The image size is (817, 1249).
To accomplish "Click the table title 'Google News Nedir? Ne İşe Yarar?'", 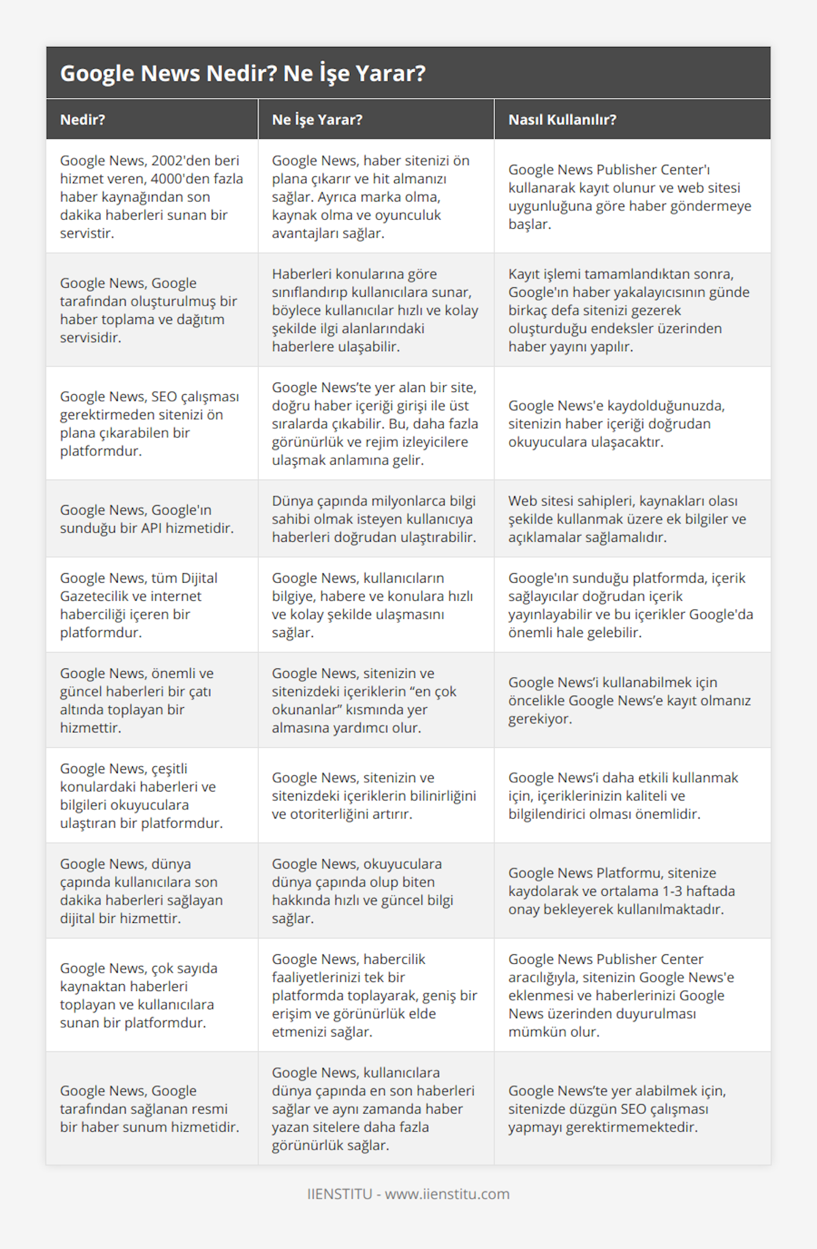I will click(242, 74).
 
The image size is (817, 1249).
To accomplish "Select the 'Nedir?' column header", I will click(82, 120).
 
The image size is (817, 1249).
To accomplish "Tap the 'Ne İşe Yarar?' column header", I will click(317, 120).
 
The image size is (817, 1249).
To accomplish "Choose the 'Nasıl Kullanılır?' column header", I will click(562, 120).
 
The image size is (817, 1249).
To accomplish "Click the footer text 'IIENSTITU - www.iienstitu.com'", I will click(408, 1194).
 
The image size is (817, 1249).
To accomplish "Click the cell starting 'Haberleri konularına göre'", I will click(374, 310).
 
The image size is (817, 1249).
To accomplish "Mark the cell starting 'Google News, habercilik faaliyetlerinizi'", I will click(374, 995).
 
